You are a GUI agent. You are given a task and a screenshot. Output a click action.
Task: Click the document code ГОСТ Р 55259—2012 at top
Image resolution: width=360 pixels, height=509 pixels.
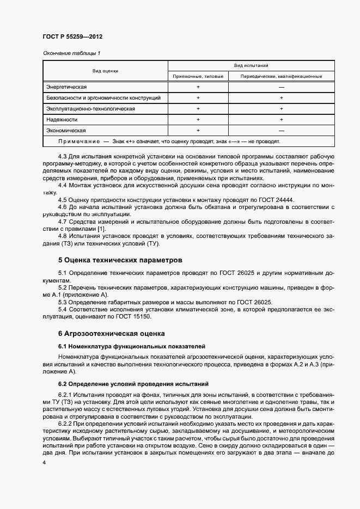pos(72,36)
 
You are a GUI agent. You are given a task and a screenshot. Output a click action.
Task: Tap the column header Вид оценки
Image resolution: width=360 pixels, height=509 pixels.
pos(106,71)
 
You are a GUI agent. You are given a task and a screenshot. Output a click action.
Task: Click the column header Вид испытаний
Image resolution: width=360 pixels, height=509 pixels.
pos(251,65)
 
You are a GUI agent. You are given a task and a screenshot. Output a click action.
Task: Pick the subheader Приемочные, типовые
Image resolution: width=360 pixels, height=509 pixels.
pos(198,76)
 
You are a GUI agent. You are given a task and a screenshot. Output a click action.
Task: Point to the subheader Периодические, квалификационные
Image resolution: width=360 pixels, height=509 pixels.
pos(281,76)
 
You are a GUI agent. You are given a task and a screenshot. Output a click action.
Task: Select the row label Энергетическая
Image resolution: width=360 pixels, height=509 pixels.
pos(66,87)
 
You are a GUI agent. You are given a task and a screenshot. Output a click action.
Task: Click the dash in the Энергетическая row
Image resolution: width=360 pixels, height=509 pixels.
pos(281,87)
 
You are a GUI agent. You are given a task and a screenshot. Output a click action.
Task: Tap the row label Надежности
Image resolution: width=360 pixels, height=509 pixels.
pos(62,120)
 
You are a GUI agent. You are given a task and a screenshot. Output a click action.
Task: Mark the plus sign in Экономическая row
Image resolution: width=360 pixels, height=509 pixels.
pos(198,131)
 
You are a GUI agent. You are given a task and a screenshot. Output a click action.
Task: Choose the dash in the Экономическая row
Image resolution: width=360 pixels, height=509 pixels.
pos(281,131)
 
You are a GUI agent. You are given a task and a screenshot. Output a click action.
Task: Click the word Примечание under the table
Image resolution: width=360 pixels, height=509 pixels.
pos(79,142)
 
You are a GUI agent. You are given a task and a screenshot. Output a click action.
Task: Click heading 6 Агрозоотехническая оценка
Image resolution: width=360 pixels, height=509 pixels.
pos(112,333)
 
